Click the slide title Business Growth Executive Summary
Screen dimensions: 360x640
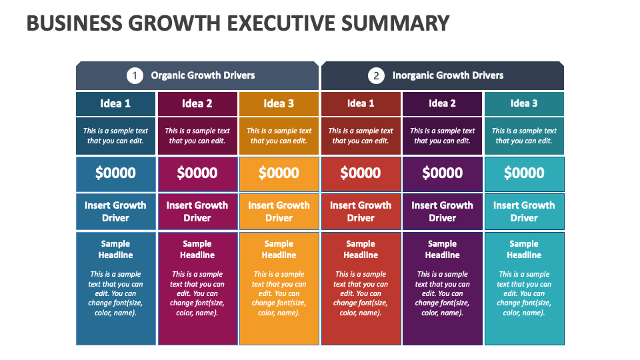(237, 23)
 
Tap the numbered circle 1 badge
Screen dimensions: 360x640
(135, 75)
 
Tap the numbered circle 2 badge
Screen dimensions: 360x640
(376, 75)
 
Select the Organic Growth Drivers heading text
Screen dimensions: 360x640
(203, 75)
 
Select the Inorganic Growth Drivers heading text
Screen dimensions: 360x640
(447, 75)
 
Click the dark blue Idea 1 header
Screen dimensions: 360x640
(115, 103)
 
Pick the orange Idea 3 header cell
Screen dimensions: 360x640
(279, 103)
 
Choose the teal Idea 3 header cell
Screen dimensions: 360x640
(524, 103)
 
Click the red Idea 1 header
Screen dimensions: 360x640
(361, 103)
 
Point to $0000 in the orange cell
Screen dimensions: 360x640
(279, 173)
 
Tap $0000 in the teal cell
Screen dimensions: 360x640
(524, 173)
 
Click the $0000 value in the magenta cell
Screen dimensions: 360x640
(197, 173)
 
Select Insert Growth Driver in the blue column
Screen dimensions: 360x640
(115, 211)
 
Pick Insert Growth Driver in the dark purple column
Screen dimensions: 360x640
(442, 211)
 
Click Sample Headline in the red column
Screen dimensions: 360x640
(361, 249)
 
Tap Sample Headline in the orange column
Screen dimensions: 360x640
(279, 249)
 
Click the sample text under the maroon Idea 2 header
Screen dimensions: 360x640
(197, 136)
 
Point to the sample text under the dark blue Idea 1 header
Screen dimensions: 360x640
(115, 136)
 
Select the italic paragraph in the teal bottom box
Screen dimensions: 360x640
(524, 293)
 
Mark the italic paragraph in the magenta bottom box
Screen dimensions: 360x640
(197, 293)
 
